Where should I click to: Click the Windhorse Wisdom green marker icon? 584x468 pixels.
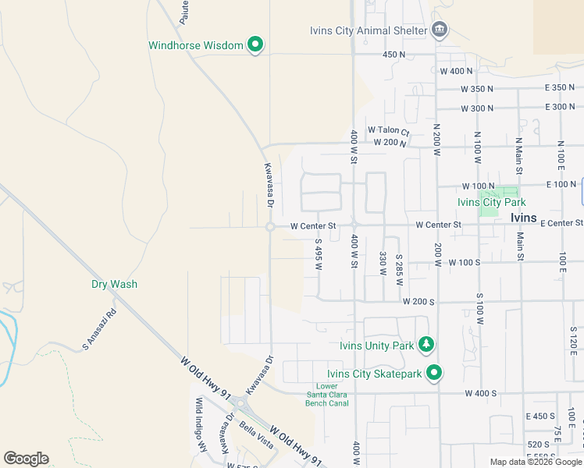(255, 45)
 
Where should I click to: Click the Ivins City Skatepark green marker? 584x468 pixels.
(435, 374)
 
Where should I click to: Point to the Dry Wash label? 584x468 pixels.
(114, 284)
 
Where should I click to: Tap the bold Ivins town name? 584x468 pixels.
(523, 218)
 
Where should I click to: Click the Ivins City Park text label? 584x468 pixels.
(491, 202)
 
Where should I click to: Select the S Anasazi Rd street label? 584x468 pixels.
(99, 329)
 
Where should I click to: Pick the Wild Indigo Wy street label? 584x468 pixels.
(200, 426)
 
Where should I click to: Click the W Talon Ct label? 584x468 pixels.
(388, 131)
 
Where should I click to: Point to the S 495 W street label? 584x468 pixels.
(319, 255)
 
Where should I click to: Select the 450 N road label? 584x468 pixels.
(394, 55)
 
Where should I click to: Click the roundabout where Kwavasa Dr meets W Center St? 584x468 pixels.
(270, 227)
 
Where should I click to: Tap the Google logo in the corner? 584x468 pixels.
(26, 458)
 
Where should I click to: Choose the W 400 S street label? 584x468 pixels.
(481, 394)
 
